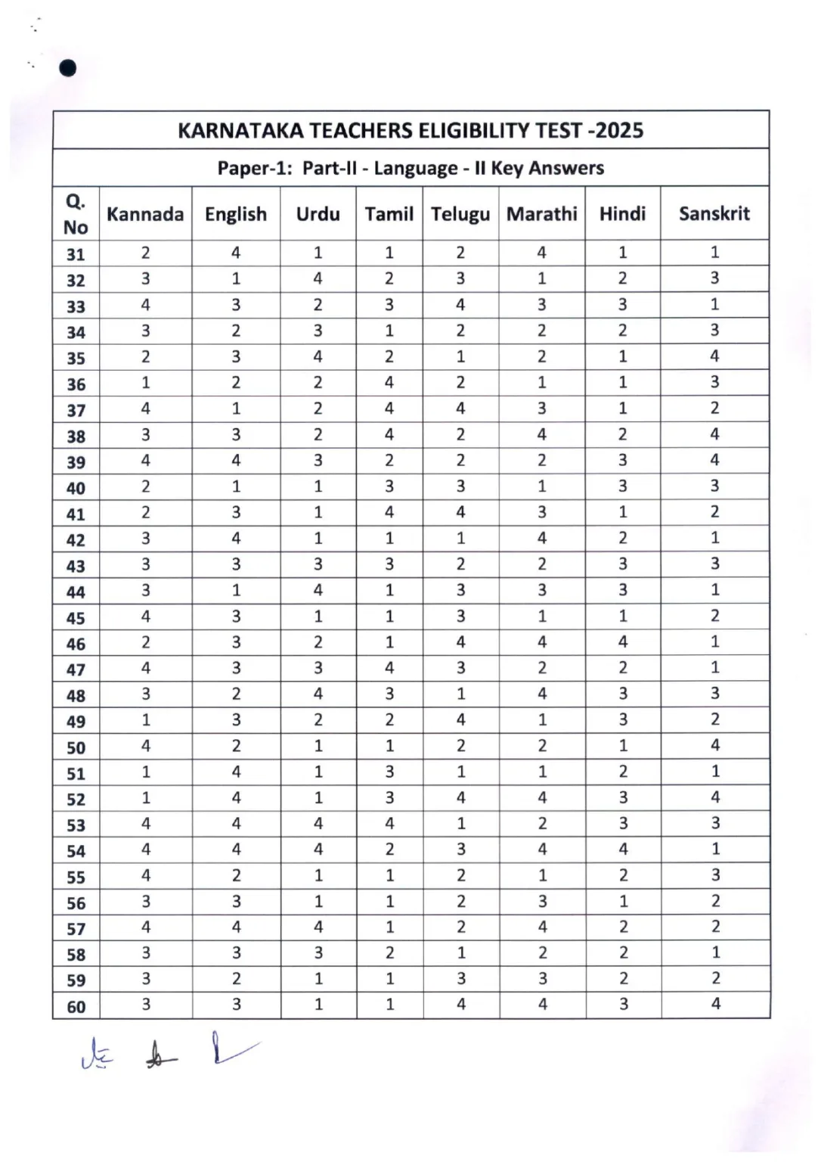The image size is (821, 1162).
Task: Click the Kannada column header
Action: (x=145, y=214)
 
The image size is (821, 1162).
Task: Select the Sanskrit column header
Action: (x=714, y=214)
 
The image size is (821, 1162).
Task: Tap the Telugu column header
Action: (x=460, y=214)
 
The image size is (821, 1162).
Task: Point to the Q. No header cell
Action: (x=76, y=214)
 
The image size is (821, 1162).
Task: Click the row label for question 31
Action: (x=76, y=254)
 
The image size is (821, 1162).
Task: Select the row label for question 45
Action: (x=76, y=618)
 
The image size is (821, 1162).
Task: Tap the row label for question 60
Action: (x=76, y=1007)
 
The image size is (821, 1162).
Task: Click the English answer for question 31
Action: (x=236, y=253)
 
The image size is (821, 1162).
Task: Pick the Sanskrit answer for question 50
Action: (x=715, y=745)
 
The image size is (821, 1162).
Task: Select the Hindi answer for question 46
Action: (x=623, y=642)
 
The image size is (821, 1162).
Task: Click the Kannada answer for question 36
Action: (x=145, y=382)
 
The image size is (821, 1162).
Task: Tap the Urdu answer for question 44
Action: (x=318, y=589)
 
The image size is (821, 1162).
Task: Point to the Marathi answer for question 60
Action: (x=542, y=1005)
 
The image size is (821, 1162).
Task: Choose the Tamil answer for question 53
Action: (x=389, y=823)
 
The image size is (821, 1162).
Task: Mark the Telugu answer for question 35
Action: (x=460, y=356)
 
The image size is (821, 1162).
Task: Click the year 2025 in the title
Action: (x=618, y=131)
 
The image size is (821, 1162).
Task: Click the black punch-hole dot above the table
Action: (x=67, y=68)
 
